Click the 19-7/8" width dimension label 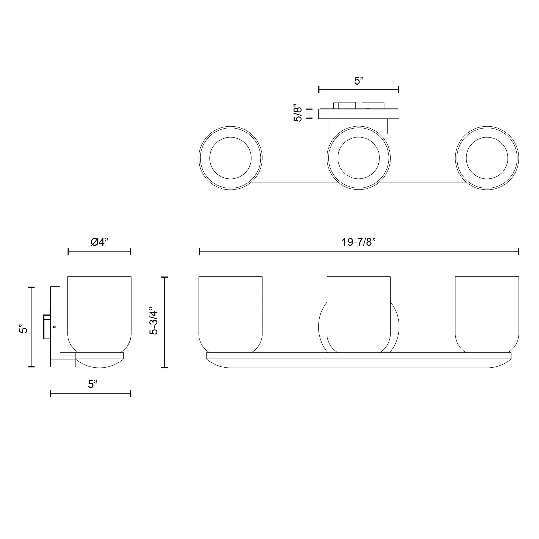(359, 243)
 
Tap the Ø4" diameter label (99, 242)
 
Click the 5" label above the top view (359, 81)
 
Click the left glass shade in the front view (230, 315)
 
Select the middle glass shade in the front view (358, 315)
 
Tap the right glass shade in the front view (487, 315)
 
